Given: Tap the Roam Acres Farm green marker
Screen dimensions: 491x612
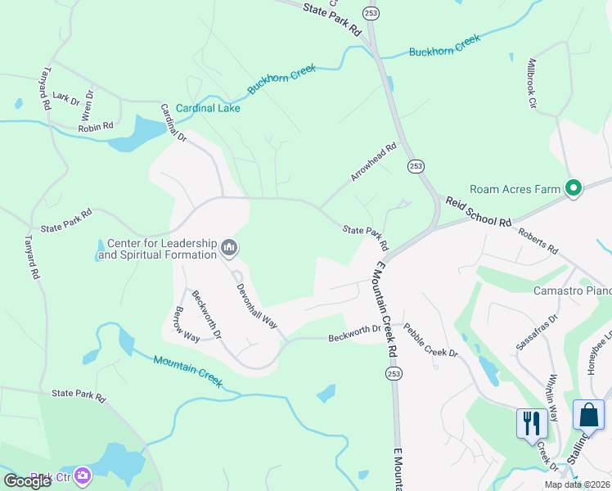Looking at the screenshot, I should pos(574,190).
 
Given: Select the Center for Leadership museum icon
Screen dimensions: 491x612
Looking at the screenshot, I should pos(230,246).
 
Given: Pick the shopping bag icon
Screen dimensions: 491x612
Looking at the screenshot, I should pos(588,414).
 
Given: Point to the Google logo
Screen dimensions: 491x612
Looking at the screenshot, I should pos(27,481).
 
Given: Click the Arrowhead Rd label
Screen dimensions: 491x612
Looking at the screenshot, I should pos(373,162).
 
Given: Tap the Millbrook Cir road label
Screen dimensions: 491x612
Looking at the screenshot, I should pos(531,83).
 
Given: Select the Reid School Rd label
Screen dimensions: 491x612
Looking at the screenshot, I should pos(478,210).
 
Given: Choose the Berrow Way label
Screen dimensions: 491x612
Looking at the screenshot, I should pos(187,324).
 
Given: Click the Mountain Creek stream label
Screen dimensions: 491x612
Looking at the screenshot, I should pos(188,366).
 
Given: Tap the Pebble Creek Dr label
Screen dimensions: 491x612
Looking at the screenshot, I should pos(430,340).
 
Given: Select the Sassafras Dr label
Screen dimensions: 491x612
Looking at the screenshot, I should pos(537,331).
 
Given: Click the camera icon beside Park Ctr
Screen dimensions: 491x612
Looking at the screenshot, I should pos(83,475).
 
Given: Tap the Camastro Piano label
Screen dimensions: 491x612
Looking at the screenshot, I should pos(572,291).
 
